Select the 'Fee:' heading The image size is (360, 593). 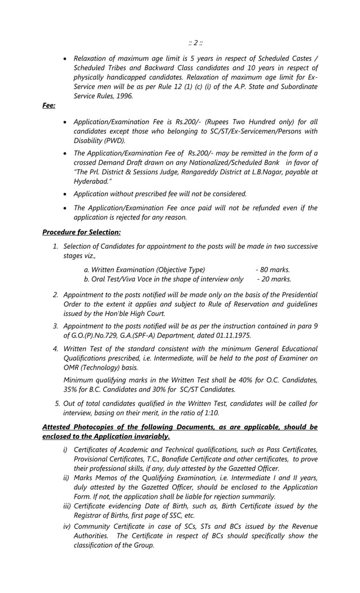tap(49, 106)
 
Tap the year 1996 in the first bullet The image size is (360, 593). tap(123, 96)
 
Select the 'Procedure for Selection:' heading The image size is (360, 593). tap(81, 231)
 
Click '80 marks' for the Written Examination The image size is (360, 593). tap(275, 269)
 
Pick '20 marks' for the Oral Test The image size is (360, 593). tap(276, 279)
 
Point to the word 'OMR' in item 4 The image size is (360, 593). tap(73, 367)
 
